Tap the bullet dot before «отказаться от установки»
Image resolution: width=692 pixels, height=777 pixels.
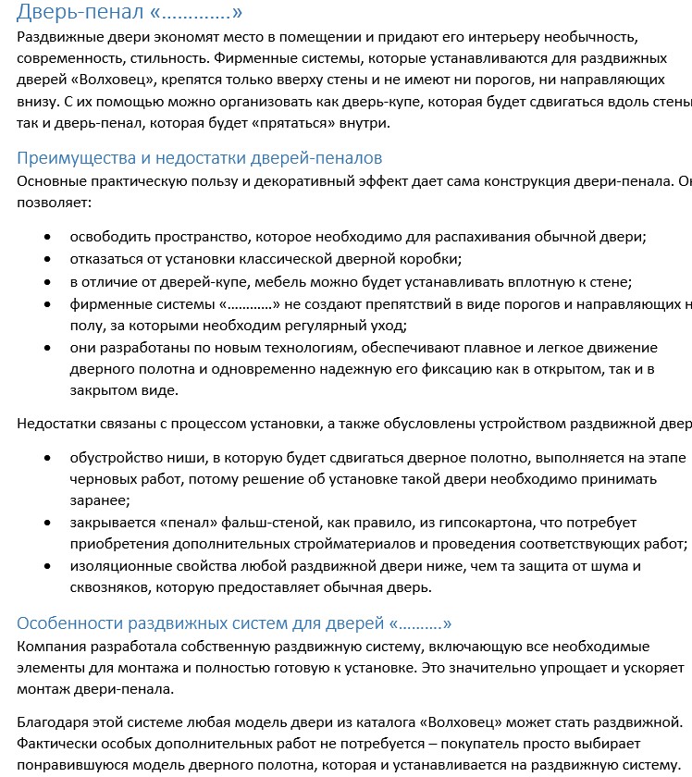48,259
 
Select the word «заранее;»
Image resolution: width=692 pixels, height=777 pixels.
99,500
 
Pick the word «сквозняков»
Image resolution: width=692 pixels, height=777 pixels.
109,586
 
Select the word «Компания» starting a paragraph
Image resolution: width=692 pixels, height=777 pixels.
53,646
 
